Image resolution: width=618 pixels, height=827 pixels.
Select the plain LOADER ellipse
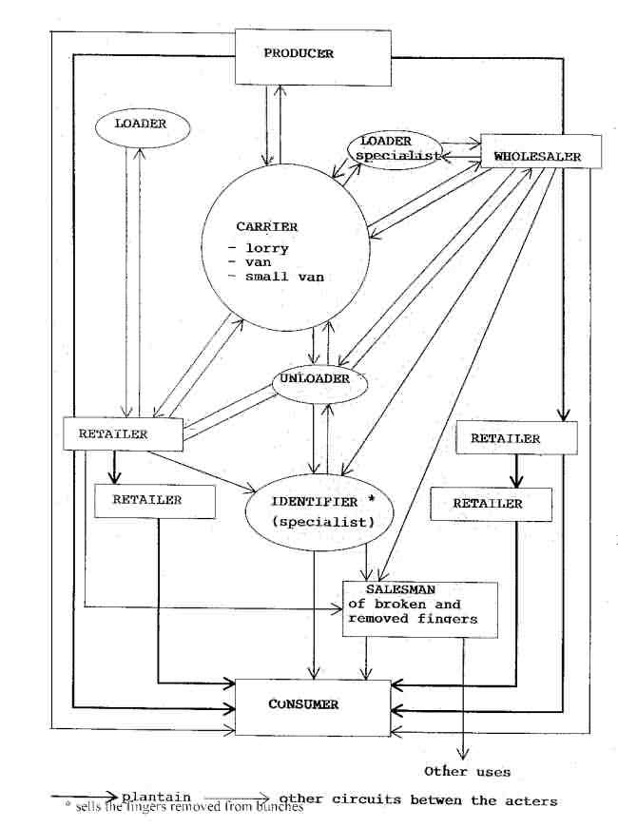coord(141,125)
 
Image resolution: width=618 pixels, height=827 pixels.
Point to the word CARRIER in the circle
coord(267,227)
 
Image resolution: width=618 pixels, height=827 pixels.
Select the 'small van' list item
coord(284,277)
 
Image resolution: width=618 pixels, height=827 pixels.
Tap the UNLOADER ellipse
coord(313,379)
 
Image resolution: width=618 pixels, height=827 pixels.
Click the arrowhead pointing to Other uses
coord(462,751)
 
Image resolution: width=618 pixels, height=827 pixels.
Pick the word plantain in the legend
coord(156,796)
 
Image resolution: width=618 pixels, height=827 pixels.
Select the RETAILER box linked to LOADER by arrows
coord(123,433)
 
